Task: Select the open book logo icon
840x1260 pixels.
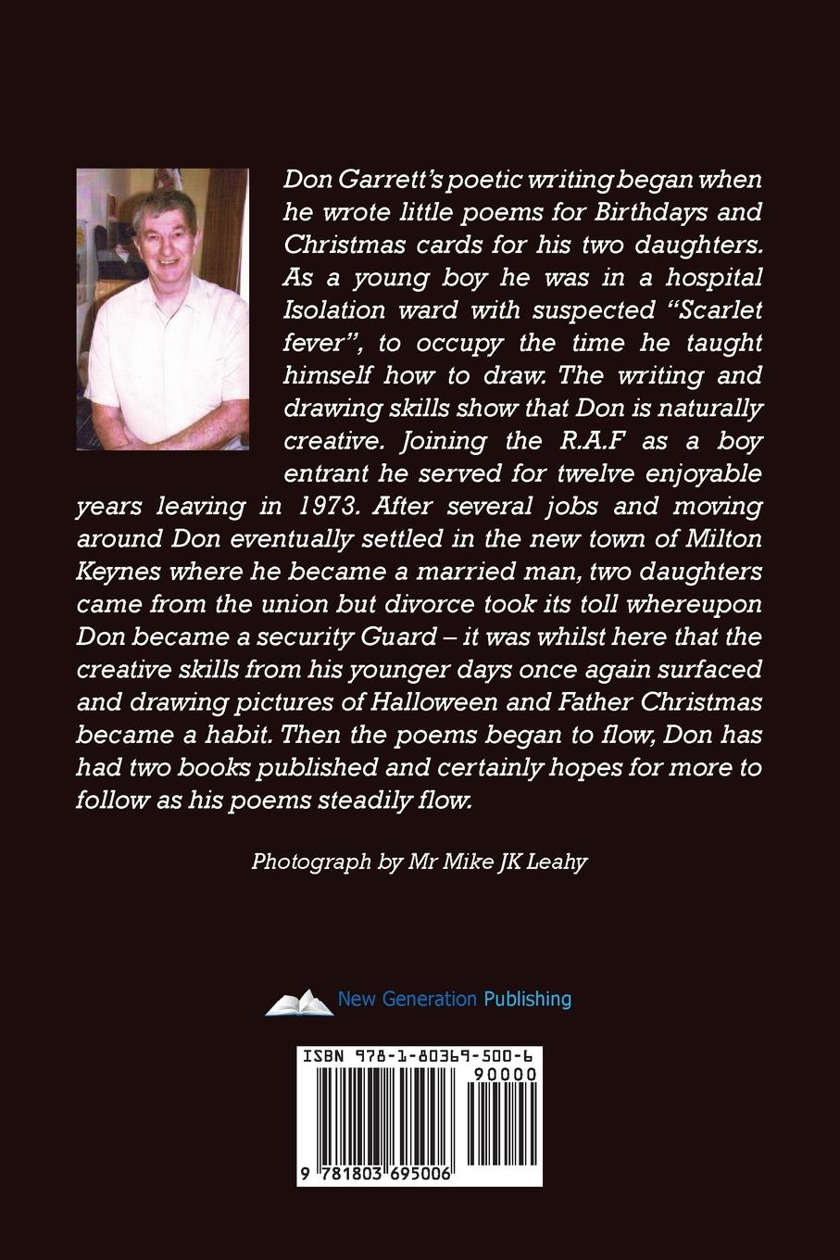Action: point(298,1002)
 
